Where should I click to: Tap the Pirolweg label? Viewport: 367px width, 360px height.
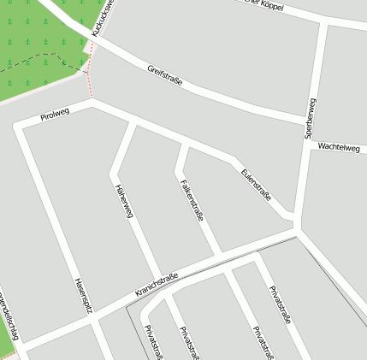tap(54, 115)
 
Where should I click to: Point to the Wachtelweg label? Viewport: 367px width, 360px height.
tap(339, 147)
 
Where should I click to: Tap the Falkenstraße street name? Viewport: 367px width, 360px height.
tap(192, 200)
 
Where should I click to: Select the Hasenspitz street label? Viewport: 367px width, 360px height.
tap(82, 296)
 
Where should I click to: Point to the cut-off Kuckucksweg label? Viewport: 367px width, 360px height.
tap(102, 18)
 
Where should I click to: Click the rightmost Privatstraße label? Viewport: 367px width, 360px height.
tap(281, 306)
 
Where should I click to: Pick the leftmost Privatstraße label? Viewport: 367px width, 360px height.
tap(154, 341)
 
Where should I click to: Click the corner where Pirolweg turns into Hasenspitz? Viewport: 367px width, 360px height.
tap(20, 127)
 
